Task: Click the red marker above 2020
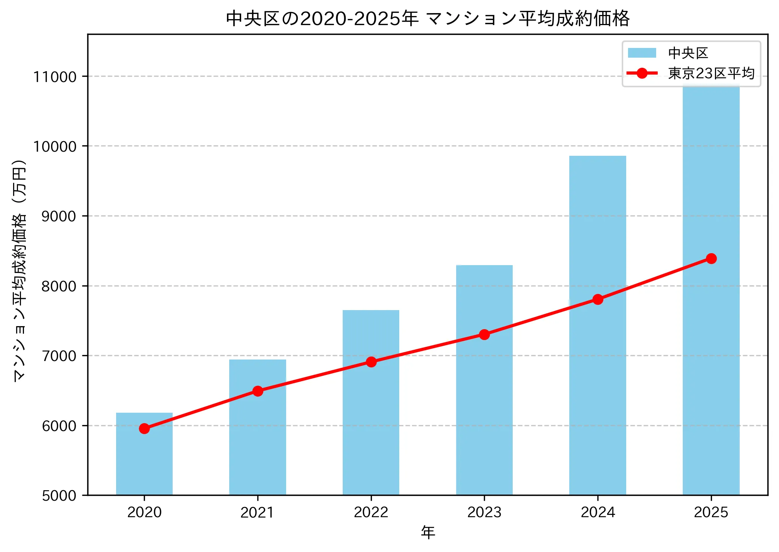(144, 428)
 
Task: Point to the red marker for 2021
(258, 391)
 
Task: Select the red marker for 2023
(484, 334)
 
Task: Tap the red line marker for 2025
(711, 258)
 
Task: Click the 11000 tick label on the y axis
(55, 77)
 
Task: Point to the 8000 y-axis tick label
(58, 286)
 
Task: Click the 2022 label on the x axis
(371, 512)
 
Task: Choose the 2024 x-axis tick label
(598, 512)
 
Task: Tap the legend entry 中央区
(688, 53)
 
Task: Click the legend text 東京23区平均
(711, 73)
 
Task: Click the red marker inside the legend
(642, 73)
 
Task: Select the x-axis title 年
(428, 532)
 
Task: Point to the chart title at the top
(428, 18)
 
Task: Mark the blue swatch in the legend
(642, 53)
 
